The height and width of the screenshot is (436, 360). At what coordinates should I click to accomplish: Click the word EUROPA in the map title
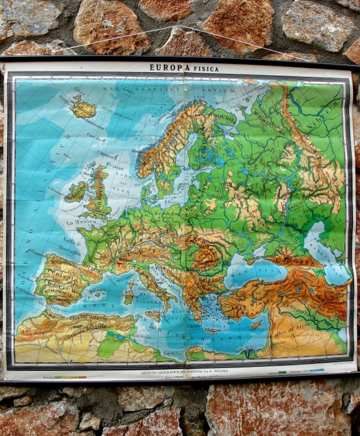167,67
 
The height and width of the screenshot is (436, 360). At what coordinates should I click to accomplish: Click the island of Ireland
76,191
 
